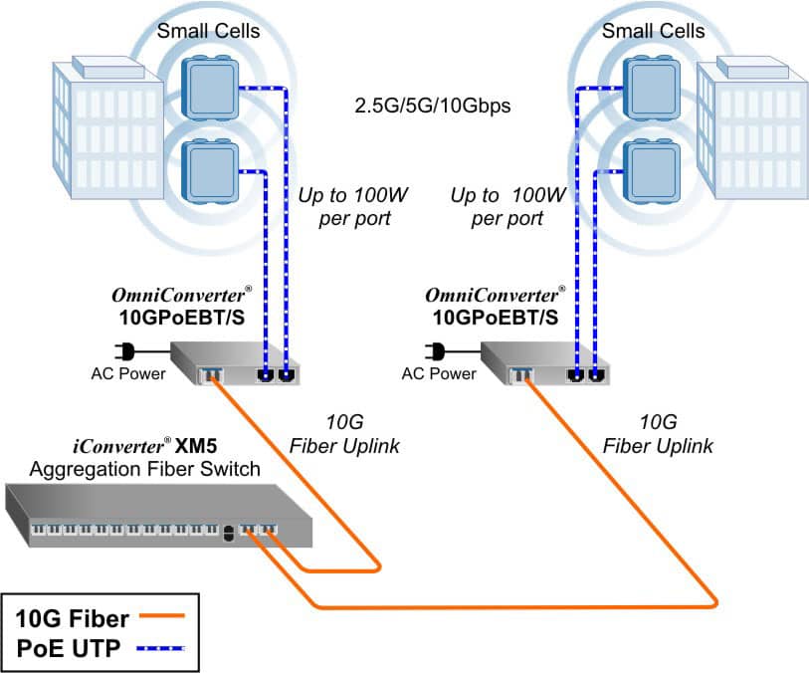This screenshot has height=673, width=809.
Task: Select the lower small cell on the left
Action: (211, 170)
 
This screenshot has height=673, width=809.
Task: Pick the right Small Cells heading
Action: (653, 31)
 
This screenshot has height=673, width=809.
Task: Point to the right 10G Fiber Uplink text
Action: (659, 433)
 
